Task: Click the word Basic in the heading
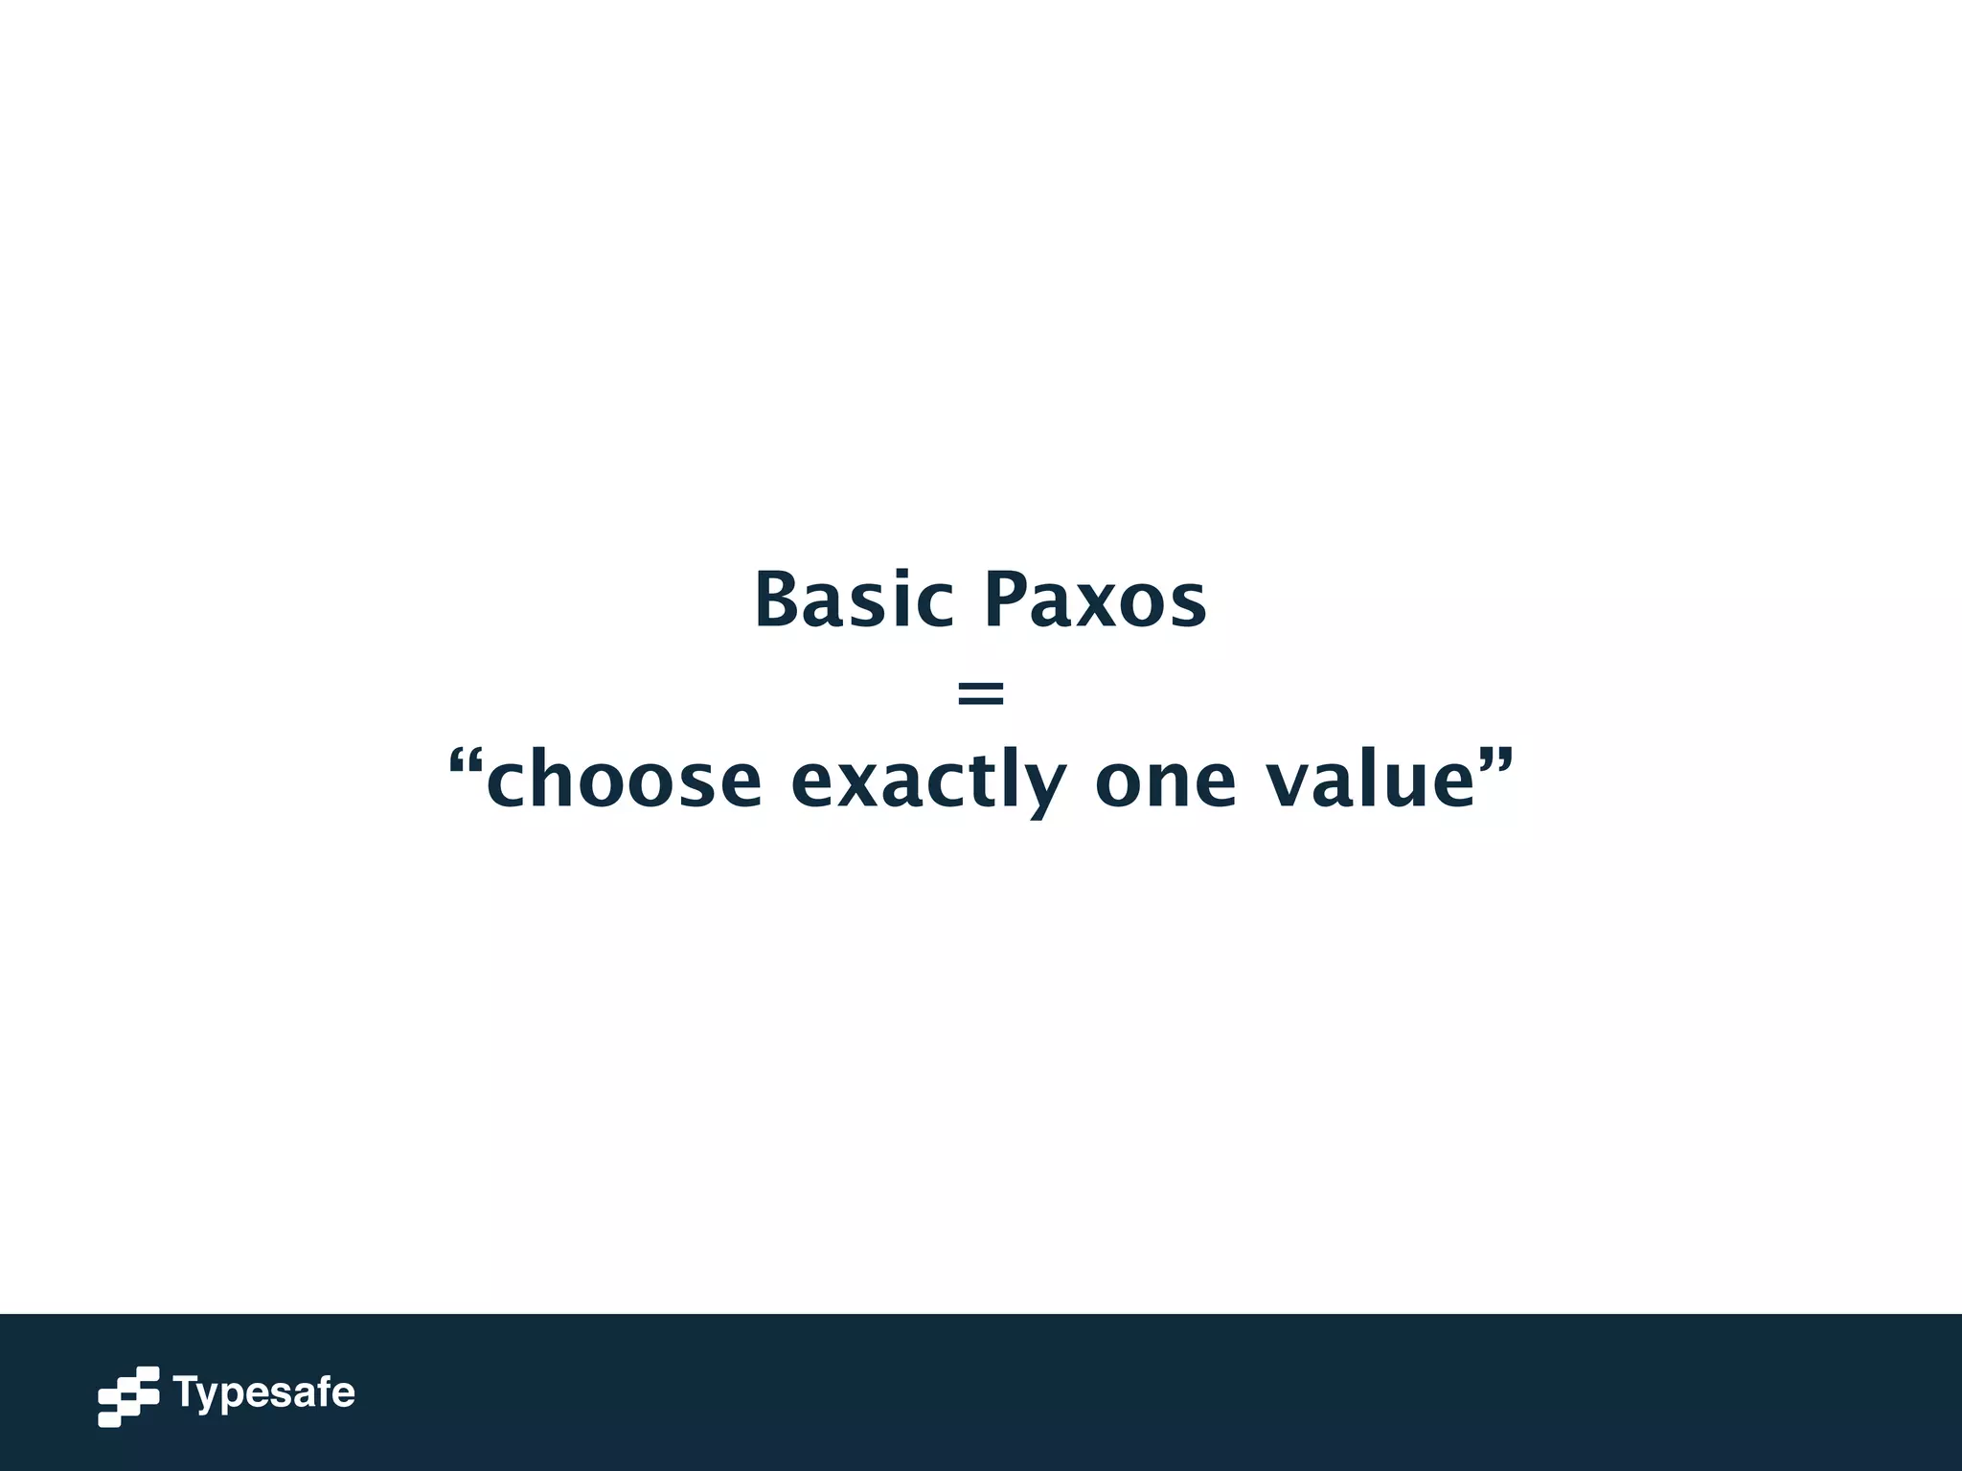(x=853, y=600)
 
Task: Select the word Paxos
(x=1095, y=600)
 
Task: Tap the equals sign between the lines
(x=981, y=692)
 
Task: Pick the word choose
(x=624, y=781)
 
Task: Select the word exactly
(x=927, y=781)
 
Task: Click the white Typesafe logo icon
(x=128, y=1396)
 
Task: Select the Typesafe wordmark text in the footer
(x=264, y=1393)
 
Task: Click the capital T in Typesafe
(x=185, y=1391)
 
